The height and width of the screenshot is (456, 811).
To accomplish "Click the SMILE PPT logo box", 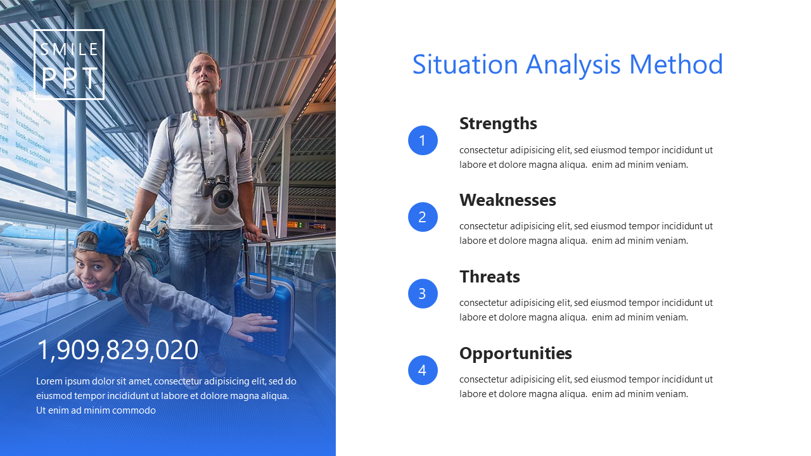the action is click(69, 30).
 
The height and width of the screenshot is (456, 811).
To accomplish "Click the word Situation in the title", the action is click(465, 65).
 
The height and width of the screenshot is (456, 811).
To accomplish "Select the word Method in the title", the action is click(676, 65).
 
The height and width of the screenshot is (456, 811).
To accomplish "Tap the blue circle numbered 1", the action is click(423, 141).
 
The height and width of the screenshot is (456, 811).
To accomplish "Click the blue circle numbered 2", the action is click(423, 217).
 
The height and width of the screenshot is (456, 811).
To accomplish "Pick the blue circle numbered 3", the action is click(423, 293).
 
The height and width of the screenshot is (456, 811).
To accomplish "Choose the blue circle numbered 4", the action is click(423, 370).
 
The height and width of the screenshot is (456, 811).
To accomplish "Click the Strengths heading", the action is click(498, 123).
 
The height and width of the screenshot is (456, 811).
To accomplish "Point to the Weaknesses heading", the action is click(508, 200).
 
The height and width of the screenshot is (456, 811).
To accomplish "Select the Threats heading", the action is click(490, 277).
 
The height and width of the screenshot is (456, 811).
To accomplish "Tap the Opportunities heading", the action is click(516, 354).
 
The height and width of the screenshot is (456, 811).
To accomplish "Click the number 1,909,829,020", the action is click(118, 350).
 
